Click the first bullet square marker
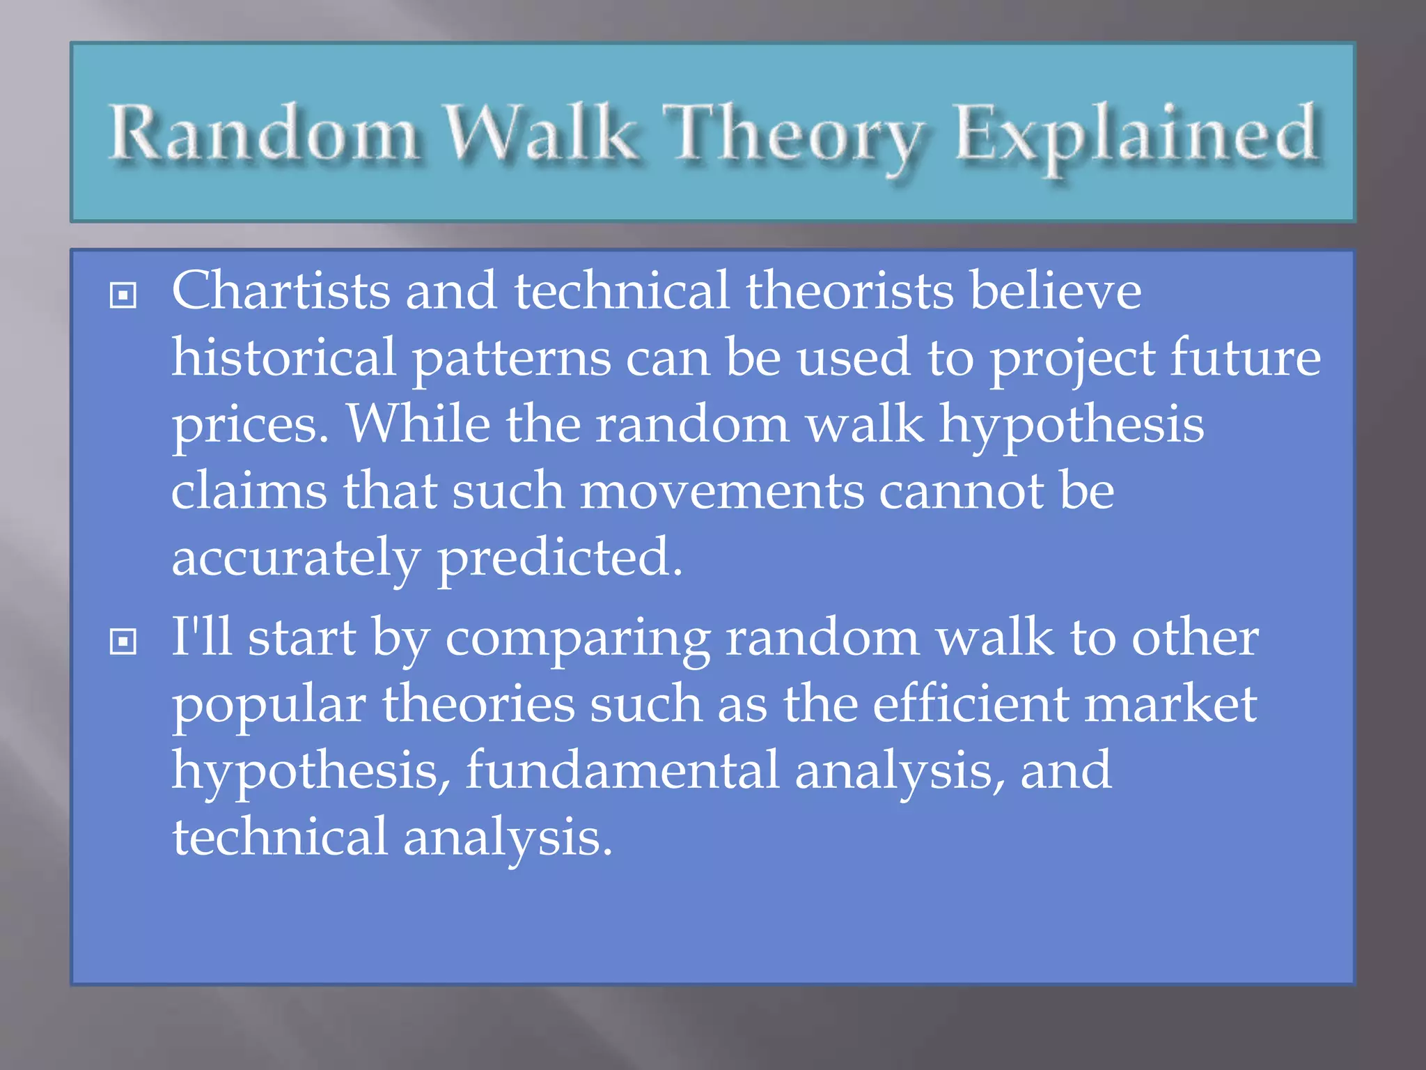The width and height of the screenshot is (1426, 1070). coord(123,295)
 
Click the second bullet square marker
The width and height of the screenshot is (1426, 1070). coord(123,642)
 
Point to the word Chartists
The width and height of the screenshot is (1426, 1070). coord(280,290)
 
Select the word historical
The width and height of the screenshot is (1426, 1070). coord(283,357)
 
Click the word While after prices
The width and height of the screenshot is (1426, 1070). coord(418,424)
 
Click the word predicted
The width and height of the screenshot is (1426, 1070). coord(559,557)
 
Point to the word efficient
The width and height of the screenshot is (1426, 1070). coord(971,704)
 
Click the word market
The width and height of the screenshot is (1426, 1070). coord(1170,704)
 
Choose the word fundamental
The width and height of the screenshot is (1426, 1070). coord(622,770)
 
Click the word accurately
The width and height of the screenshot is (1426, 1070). coord(295,559)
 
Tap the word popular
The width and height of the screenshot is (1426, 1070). coord(269,705)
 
